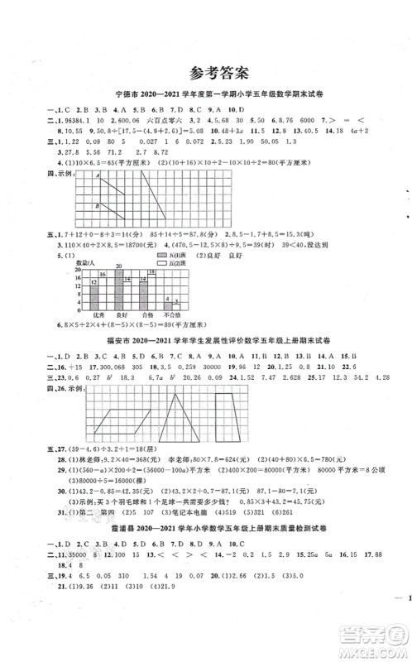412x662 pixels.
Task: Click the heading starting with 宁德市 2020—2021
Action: (206, 97)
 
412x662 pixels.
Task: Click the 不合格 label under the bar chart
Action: (171, 315)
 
